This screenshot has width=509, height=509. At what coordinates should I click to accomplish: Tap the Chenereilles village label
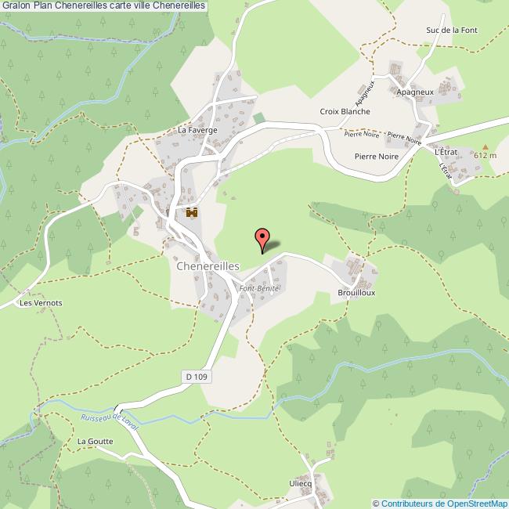tap(208, 266)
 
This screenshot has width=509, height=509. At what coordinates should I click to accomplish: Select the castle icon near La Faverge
tap(191, 213)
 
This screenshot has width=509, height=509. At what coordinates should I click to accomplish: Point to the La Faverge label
tap(197, 130)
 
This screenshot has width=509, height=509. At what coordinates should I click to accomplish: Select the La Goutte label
tap(95, 442)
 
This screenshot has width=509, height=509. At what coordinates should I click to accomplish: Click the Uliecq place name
tap(301, 483)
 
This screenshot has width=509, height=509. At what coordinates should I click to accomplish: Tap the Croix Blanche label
tap(345, 112)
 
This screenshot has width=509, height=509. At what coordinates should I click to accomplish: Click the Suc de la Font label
tap(451, 31)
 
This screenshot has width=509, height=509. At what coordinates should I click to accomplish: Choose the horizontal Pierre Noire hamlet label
tap(377, 157)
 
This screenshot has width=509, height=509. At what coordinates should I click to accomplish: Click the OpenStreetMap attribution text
tap(441, 503)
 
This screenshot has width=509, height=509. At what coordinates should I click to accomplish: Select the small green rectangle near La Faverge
tap(258, 118)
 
